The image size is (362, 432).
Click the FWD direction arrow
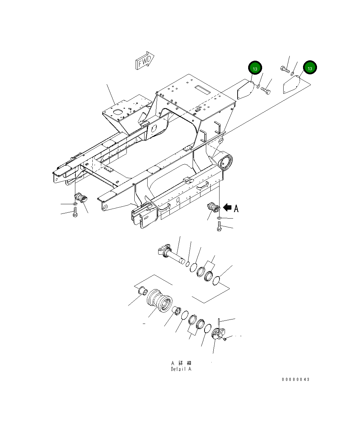145,61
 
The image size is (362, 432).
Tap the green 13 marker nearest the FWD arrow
255,68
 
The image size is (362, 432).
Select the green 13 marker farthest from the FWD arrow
310,68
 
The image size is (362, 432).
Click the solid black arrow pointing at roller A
227,207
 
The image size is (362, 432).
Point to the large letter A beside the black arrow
236,208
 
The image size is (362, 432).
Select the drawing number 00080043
296,379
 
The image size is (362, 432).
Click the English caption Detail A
181,369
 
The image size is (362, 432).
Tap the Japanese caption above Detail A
181,363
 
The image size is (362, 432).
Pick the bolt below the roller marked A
219,226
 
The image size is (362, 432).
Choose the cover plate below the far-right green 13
291,85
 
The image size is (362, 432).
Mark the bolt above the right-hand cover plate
285,70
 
